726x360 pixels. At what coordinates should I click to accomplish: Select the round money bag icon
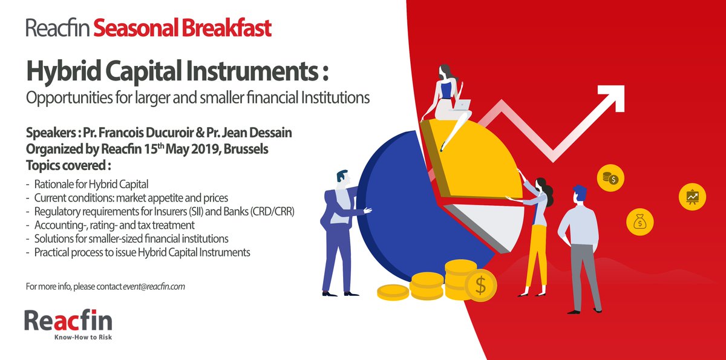(x=639, y=223)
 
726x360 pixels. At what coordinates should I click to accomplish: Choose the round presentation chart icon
(x=692, y=195)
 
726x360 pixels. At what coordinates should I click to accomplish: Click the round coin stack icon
(x=609, y=177)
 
